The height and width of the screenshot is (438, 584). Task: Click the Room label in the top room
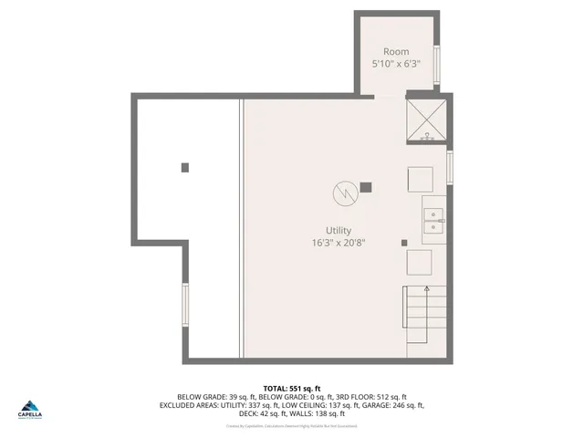click(396, 52)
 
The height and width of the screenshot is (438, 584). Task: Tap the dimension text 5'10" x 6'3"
click(396, 65)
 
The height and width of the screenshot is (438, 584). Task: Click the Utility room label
click(339, 231)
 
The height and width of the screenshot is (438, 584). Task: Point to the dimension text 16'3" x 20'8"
click(339, 243)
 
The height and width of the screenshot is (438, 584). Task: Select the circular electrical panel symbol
click(344, 193)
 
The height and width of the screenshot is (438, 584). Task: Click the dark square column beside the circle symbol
click(366, 187)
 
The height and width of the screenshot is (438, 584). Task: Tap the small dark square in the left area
click(185, 167)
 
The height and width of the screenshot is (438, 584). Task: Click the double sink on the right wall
click(433, 219)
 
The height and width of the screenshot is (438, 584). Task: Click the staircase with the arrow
click(426, 311)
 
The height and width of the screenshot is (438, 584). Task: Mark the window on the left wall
click(185, 303)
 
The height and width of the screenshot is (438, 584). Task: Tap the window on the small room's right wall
click(437, 64)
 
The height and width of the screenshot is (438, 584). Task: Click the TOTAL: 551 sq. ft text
click(292, 389)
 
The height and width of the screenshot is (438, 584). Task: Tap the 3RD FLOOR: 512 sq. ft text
click(377, 397)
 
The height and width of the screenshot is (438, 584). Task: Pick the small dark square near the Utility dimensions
click(404, 243)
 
